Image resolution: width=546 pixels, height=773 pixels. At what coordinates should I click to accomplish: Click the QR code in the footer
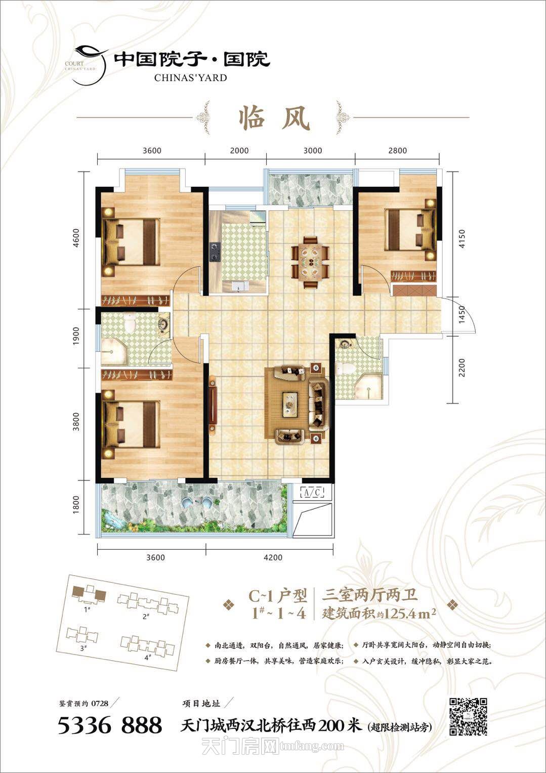click(468, 716)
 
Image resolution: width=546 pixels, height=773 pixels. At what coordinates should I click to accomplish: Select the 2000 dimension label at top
click(239, 150)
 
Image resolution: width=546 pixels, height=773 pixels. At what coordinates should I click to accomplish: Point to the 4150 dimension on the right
click(462, 238)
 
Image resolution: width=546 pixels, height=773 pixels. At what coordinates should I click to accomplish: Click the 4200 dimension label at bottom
click(273, 557)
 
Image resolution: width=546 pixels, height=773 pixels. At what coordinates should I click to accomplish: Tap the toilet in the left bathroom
click(129, 322)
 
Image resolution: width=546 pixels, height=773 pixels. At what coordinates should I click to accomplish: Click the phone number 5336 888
click(110, 725)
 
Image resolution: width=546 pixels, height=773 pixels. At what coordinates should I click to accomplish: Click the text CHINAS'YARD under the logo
click(190, 77)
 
